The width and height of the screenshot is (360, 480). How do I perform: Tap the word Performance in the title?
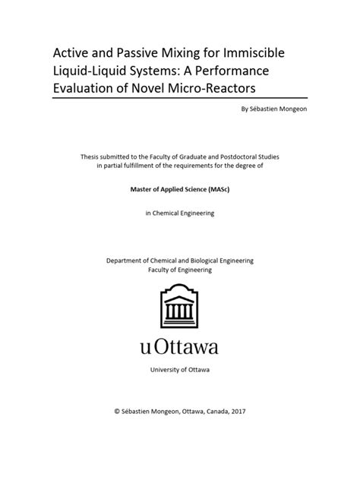247,71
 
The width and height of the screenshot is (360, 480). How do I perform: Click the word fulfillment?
145,167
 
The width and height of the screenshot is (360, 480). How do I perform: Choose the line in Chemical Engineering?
180,213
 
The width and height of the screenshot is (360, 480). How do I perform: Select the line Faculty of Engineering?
180,270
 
